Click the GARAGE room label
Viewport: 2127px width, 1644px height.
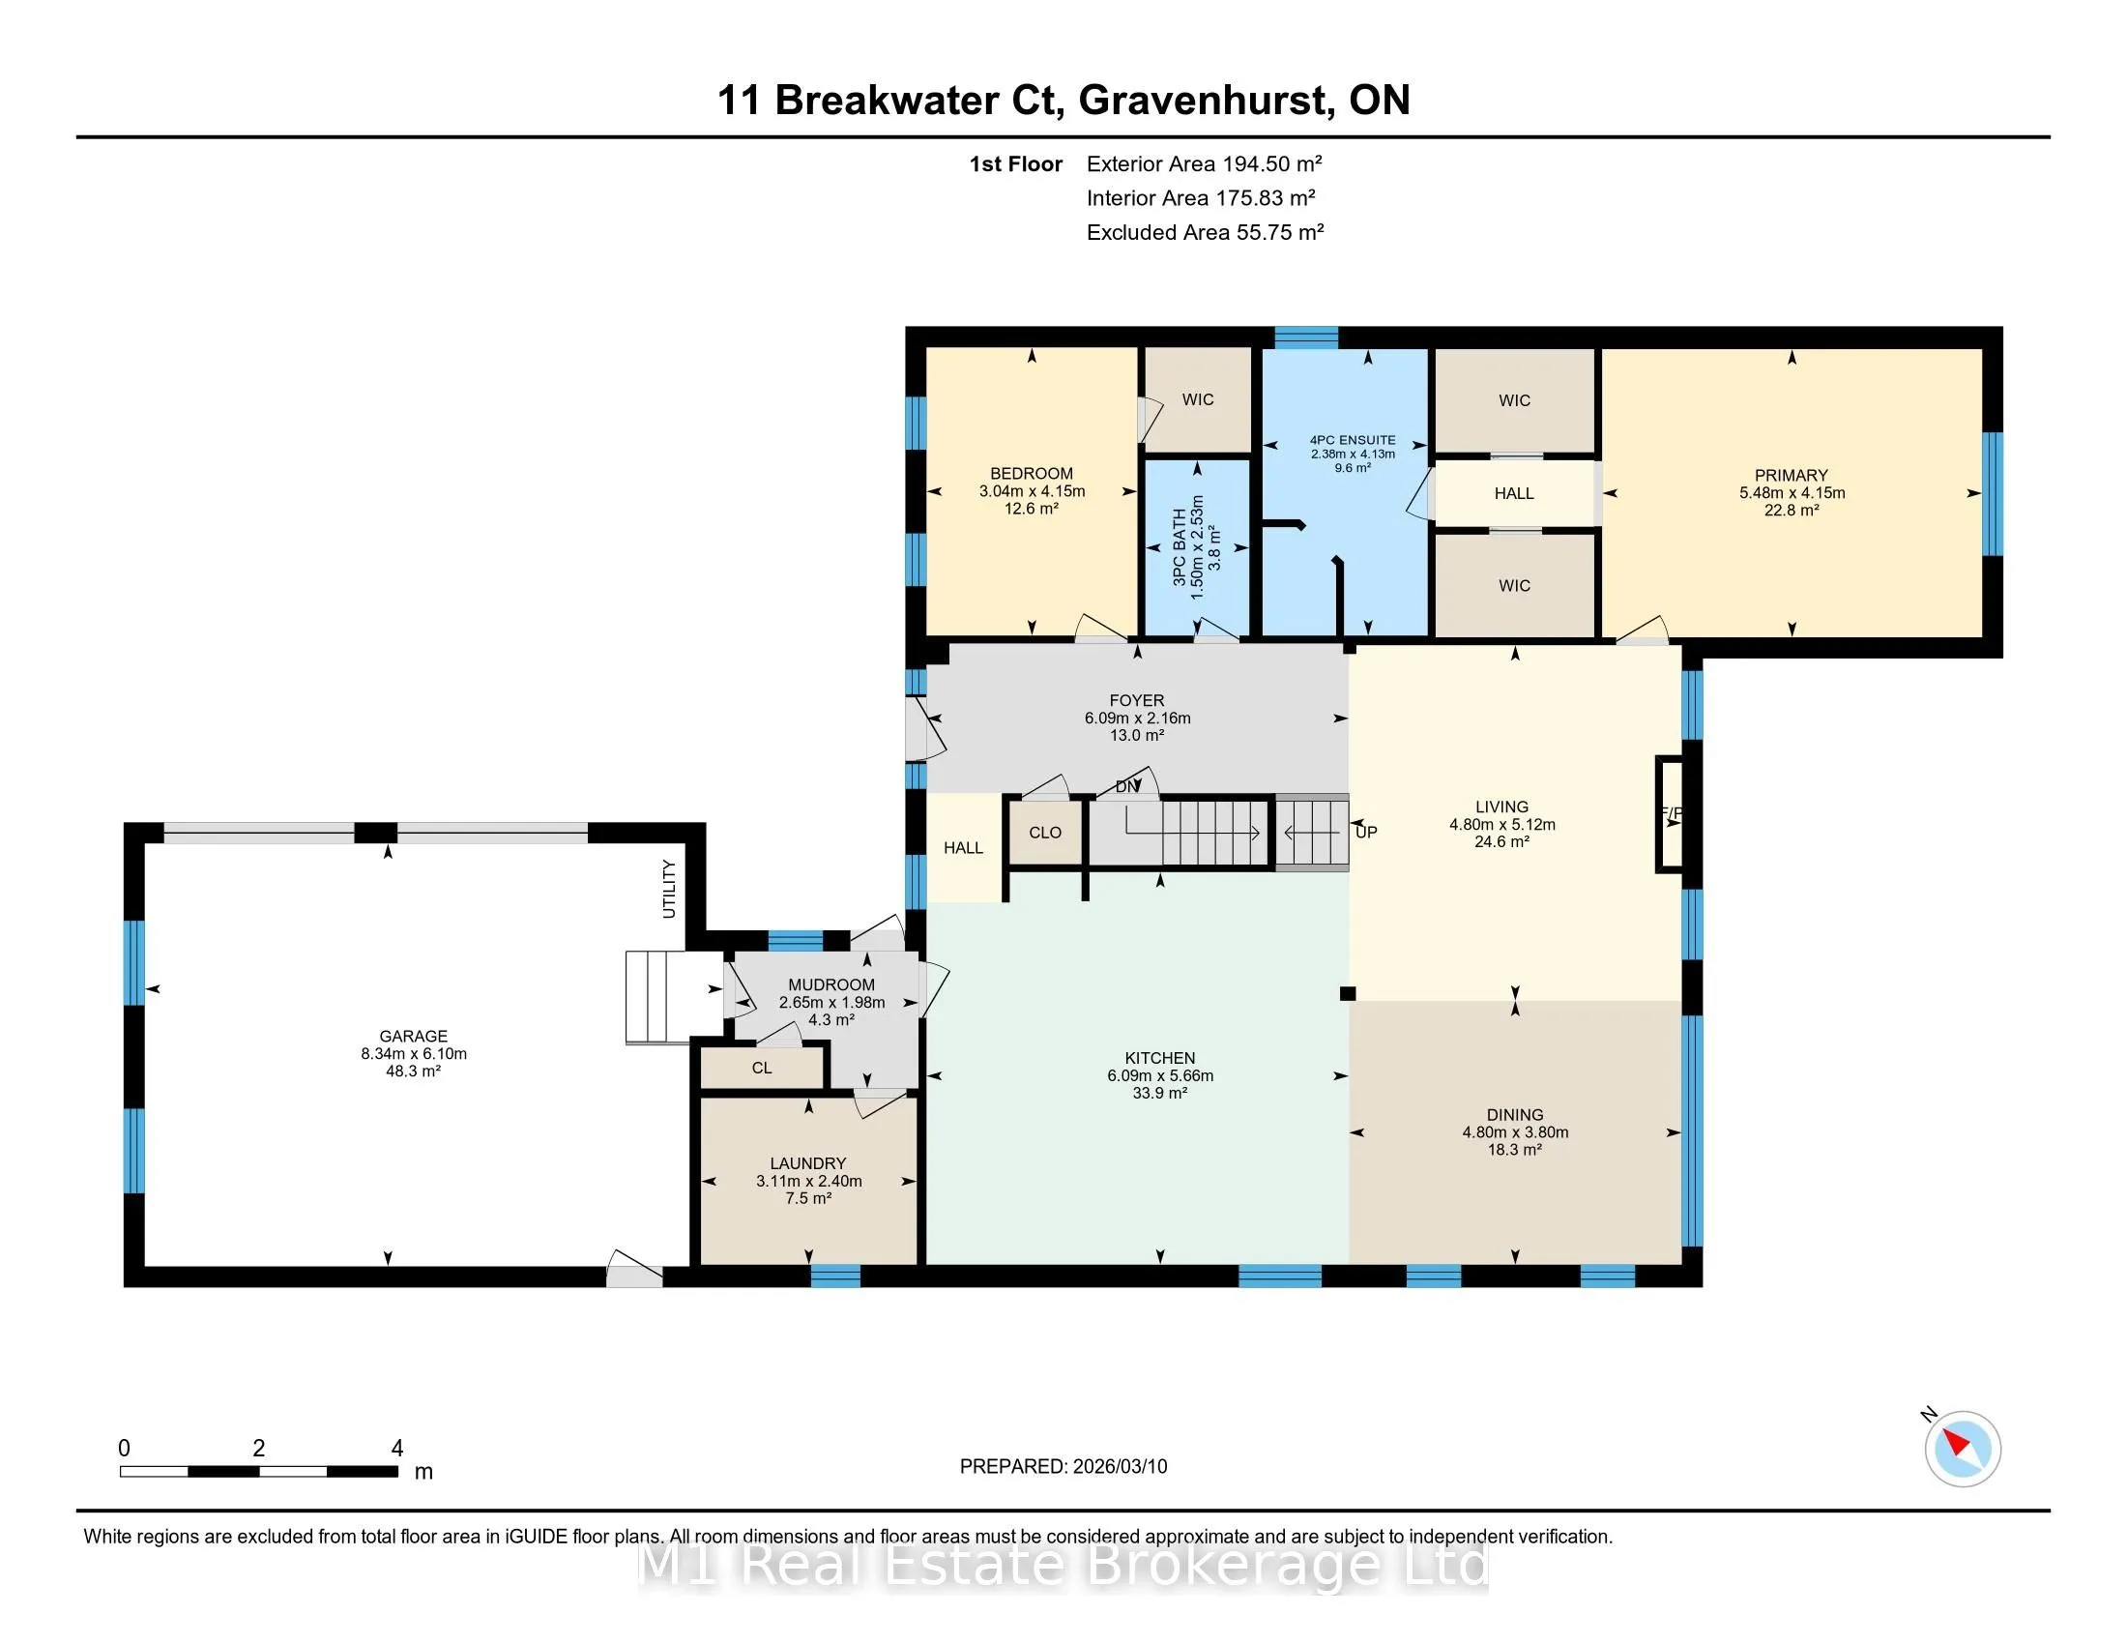tap(413, 1037)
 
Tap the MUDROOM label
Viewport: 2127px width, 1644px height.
tap(831, 984)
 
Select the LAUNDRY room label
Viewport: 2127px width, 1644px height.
tap(808, 1162)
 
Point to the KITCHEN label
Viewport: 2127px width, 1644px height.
tap(1160, 1058)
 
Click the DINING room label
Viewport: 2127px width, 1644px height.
tap(1515, 1114)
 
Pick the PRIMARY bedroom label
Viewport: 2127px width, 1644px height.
tap(1792, 475)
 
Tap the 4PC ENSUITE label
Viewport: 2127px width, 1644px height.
tap(1353, 440)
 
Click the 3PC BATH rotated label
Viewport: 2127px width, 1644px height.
tap(1180, 546)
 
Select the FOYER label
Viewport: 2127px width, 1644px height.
tap(1137, 700)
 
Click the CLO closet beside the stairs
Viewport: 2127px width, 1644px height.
tap(1045, 833)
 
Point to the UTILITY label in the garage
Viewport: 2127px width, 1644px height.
tap(669, 888)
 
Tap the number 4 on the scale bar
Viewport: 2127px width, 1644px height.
tap(397, 1449)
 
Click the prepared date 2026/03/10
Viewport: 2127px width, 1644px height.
tap(1119, 1467)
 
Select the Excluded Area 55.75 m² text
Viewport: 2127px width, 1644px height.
tap(1205, 232)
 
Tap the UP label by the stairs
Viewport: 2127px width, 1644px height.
tap(1366, 832)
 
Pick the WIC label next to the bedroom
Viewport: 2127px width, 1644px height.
tap(1198, 399)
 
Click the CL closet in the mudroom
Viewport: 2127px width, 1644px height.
tap(762, 1068)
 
